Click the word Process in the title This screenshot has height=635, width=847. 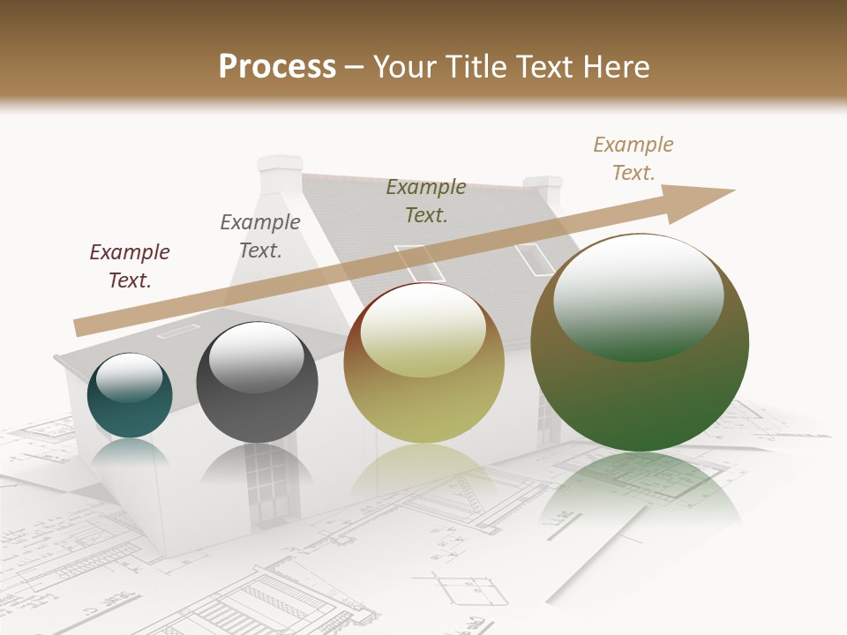277,66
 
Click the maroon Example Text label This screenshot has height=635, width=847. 130,265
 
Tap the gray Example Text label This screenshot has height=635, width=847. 260,235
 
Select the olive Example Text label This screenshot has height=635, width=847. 426,200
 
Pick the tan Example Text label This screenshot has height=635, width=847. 633,159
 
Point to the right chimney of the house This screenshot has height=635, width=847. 543,190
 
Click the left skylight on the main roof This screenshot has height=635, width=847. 418,262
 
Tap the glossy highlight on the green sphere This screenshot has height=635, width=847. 638,296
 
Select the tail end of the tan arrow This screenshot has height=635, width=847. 81,327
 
